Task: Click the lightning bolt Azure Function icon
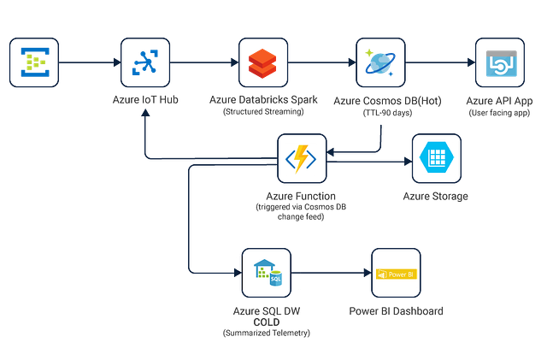point(302,159)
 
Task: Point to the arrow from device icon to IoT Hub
point(90,62)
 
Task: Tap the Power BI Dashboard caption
point(394,310)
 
